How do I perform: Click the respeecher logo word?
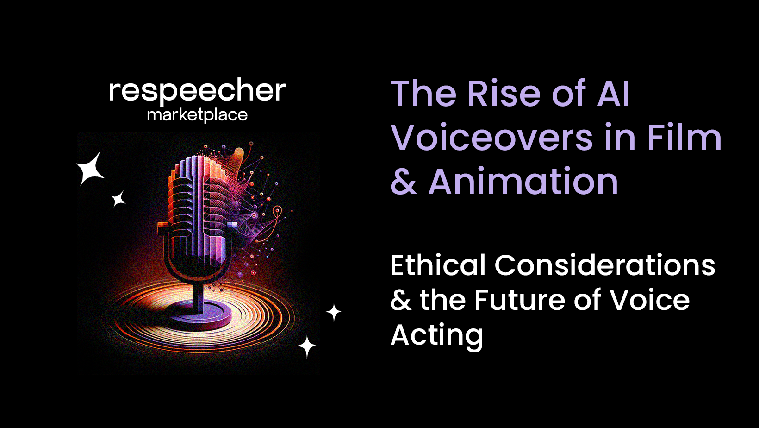198,91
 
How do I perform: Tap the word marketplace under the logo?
197,115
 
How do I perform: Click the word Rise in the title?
504,94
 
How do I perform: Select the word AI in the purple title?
614,94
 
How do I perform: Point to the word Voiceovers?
491,138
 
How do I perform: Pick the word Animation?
523,182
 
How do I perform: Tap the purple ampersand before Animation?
403,182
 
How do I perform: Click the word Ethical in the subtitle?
437,265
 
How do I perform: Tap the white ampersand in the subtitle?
400,300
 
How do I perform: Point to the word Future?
519,300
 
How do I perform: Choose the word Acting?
436,335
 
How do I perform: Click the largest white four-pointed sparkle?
91,169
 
